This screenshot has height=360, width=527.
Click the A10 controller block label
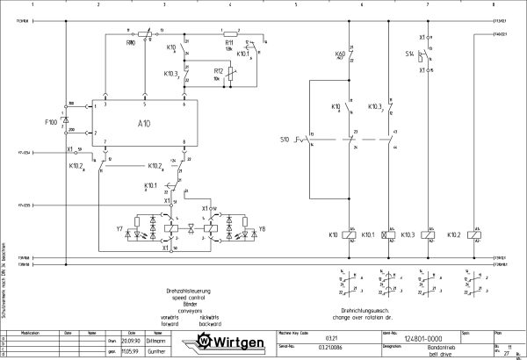coord(144,124)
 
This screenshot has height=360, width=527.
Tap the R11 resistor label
coord(228,41)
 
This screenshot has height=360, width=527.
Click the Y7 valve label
coord(119,229)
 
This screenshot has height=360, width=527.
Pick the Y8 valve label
coord(262,229)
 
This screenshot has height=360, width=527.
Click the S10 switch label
coord(285,140)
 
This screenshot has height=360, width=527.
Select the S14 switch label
coord(409,54)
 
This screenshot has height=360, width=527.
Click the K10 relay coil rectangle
coord(351,234)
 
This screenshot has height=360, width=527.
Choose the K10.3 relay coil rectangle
coord(426,234)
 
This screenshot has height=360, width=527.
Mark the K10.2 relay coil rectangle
coord(475,234)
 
